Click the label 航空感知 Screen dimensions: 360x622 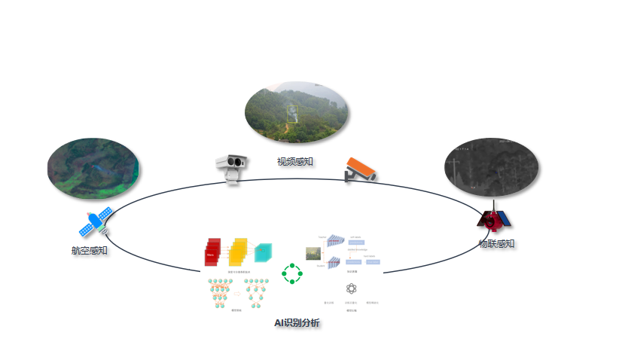(89, 251)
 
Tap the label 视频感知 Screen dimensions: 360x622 (295, 162)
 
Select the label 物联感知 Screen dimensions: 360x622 (497, 243)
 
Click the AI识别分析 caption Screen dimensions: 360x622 (297, 323)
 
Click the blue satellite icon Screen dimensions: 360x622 (97, 223)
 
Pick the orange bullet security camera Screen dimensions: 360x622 (360, 169)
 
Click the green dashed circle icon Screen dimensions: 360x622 (291, 273)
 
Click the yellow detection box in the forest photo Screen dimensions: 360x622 (292, 113)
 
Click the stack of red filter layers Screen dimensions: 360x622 (213, 252)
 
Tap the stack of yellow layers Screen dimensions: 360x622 (237, 252)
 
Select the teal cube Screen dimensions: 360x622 (263, 253)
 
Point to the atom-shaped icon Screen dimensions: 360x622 (351, 288)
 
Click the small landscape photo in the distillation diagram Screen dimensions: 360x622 (313, 254)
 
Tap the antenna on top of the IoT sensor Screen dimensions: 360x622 (494, 204)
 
